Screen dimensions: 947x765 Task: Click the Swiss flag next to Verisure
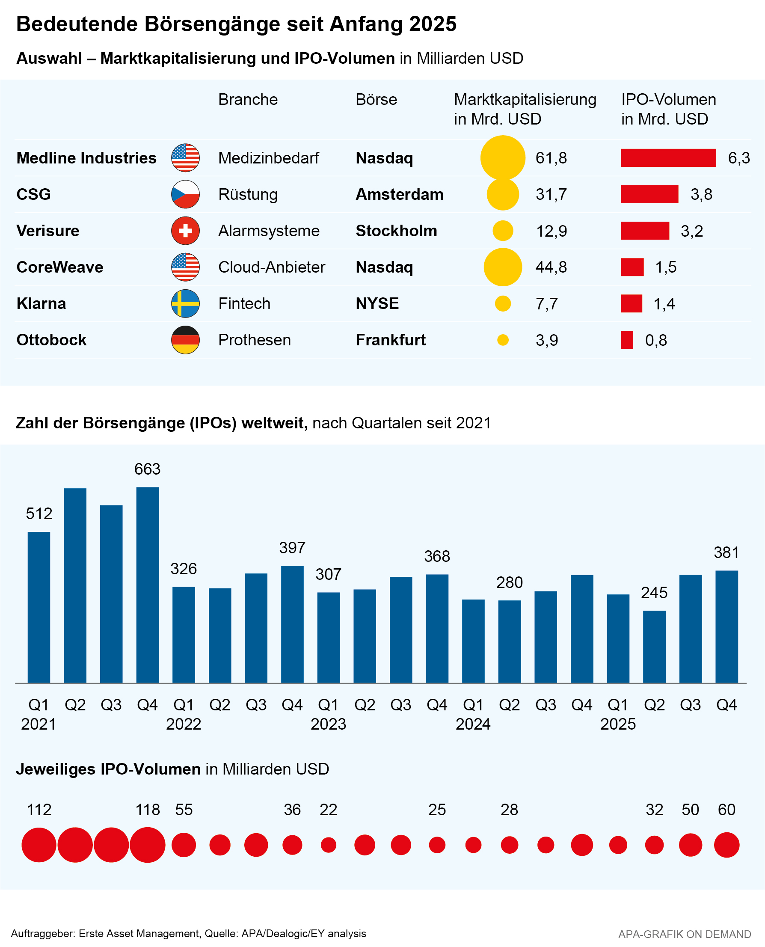(x=185, y=231)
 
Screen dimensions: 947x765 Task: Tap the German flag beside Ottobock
(x=185, y=340)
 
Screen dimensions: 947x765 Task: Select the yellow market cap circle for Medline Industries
(x=502, y=158)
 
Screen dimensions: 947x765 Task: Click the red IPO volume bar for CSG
(x=649, y=194)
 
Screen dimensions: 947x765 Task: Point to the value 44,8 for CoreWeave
(x=551, y=267)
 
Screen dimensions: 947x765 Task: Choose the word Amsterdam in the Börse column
(x=399, y=194)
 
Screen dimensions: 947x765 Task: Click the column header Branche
(x=248, y=100)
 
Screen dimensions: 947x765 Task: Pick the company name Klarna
(x=41, y=304)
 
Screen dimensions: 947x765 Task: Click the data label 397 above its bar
(x=292, y=548)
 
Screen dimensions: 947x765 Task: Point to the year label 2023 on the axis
(x=328, y=724)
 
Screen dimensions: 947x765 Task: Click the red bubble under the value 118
(x=147, y=845)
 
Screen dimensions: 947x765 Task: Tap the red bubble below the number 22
(x=328, y=845)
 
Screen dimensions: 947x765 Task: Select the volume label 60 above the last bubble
(x=726, y=810)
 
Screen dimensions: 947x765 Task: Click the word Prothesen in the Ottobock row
(x=254, y=340)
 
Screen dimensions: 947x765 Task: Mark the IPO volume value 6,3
(x=738, y=158)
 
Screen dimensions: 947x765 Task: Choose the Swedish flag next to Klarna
(x=185, y=304)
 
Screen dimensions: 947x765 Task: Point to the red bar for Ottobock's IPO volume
(x=627, y=340)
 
